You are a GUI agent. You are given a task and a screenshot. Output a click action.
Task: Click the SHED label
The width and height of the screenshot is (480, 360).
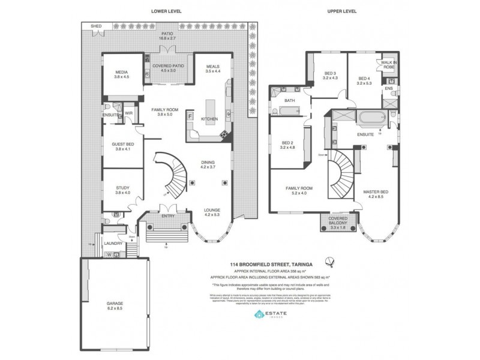click(x=95, y=27)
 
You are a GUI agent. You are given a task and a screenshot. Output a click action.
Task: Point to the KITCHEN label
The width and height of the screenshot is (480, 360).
click(x=209, y=119)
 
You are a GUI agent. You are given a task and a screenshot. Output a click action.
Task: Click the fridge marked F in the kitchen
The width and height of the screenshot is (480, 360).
click(x=190, y=115)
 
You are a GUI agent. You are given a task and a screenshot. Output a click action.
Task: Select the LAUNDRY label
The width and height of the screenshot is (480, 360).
click(x=113, y=243)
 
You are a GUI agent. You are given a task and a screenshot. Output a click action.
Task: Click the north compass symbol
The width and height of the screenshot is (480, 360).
click(x=328, y=260)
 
